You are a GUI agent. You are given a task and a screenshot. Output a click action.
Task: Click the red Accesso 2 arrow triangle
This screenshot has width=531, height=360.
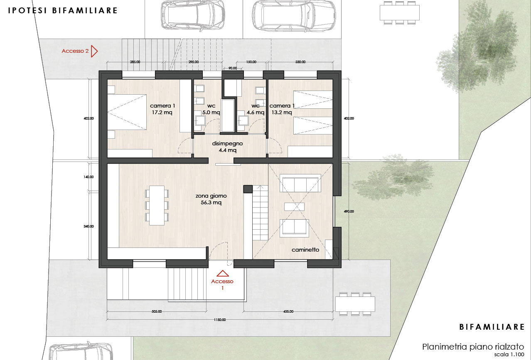[94, 51]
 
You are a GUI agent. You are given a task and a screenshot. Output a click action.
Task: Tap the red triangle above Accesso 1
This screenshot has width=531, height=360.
[223, 273]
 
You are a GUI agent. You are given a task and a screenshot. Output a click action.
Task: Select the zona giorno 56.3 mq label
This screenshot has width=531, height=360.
[211, 199]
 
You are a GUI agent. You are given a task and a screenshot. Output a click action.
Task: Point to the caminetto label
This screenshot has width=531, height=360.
[305, 250]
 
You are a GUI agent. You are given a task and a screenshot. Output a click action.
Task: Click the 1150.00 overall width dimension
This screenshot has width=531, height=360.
[220, 320]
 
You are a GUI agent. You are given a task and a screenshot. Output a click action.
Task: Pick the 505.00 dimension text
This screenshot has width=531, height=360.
[157, 311]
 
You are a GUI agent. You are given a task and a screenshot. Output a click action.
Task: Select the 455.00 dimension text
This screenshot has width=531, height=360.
[288, 311]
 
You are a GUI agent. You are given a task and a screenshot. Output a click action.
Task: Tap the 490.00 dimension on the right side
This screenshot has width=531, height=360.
[349, 211]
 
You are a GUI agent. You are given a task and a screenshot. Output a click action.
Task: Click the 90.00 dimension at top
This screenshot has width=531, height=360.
[233, 68]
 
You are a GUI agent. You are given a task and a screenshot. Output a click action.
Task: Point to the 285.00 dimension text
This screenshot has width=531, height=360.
[135, 62]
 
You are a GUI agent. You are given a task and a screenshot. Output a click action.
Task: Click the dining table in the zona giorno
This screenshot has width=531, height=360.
[157, 206]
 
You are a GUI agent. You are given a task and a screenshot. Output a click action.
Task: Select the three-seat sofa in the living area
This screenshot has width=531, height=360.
[300, 183]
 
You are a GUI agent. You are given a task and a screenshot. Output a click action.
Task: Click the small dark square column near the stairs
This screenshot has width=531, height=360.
[248, 189]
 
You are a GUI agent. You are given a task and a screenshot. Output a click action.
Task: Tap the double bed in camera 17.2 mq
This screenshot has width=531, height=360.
[127, 112]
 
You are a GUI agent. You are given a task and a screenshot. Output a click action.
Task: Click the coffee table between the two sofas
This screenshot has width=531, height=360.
[295, 206]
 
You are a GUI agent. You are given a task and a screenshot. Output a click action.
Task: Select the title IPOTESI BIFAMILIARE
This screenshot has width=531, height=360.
[63, 11]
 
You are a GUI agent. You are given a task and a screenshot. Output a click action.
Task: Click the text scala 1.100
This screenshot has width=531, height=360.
[509, 355]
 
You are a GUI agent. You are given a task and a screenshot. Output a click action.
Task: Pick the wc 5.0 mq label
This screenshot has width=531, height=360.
[211, 109]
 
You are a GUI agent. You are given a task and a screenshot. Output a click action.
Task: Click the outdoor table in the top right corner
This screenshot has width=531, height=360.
[400, 12]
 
